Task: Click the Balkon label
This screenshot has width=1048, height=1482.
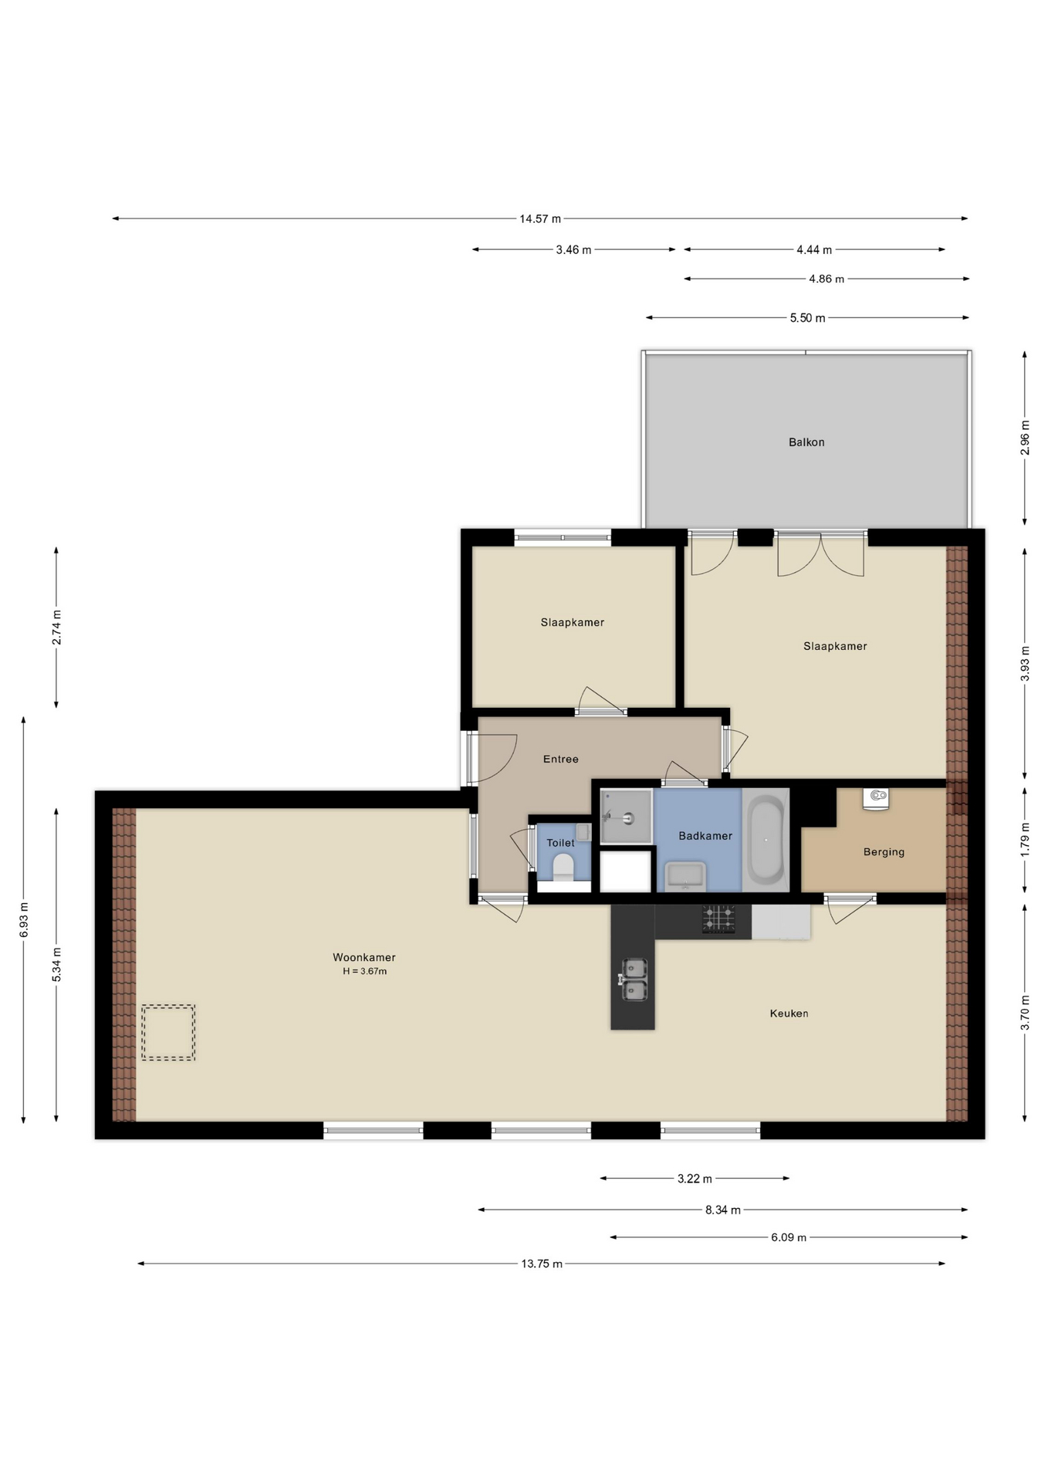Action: [806, 442]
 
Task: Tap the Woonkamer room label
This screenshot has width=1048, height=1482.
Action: [364, 957]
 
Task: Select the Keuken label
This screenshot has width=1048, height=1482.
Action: [789, 1013]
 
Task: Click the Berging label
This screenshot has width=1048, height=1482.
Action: [884, 852]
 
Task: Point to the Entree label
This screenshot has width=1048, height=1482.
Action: [560, 759]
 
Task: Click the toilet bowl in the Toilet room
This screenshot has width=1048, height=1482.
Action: [564, 867]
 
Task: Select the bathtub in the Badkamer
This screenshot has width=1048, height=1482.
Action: [766, 840]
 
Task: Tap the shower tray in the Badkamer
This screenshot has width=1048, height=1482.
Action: [627, 817]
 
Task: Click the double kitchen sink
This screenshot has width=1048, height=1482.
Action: [634, 980]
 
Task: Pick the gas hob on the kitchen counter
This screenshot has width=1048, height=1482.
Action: [718, 919]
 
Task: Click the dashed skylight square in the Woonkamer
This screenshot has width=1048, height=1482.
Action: [168, 1032]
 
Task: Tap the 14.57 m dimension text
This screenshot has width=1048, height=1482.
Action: [540, 218]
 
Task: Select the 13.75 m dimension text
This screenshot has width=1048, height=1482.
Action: [542, 1264]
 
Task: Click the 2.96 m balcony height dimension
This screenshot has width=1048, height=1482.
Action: [1025, 438]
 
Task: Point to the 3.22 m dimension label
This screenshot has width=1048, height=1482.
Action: [695, 1178]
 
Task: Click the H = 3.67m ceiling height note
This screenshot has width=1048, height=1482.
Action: [365, 971]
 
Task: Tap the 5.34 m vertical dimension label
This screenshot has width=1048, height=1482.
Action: [56, 965]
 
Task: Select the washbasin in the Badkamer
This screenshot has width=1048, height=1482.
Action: [685, 876]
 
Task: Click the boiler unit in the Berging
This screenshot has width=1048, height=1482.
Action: [876, 798]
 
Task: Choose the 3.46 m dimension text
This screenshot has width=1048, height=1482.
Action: [573, 249]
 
